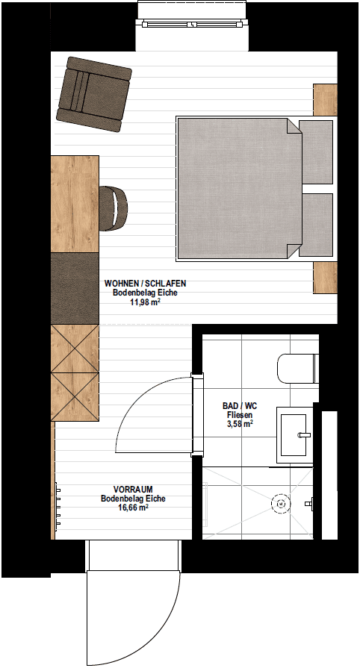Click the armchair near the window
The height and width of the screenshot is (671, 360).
[94, 94]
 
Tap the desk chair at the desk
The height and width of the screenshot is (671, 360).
[114, 208]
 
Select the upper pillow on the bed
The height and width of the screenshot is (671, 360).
[315, 152]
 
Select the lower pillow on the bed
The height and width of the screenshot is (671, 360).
[315, 225]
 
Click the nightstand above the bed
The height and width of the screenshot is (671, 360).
[326, 100]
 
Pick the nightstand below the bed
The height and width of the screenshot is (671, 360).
[326, 278]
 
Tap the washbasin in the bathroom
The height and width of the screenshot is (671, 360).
[294, 435]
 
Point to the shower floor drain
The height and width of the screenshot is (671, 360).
[280, 504]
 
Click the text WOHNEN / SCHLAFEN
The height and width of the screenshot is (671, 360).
[146, 284]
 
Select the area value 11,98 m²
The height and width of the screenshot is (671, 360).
[145, 302]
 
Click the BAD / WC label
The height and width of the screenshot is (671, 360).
[240, 406]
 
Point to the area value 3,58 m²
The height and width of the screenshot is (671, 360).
[240, 424]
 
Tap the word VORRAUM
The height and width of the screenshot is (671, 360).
[133, 489]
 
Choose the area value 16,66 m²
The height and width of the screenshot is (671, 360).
[133, 508]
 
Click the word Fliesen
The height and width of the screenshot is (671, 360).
[240, 415]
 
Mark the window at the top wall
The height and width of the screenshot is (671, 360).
[192, 25]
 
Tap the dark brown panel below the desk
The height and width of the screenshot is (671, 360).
[75, 288]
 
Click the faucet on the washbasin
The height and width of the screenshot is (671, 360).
[304, 435]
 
